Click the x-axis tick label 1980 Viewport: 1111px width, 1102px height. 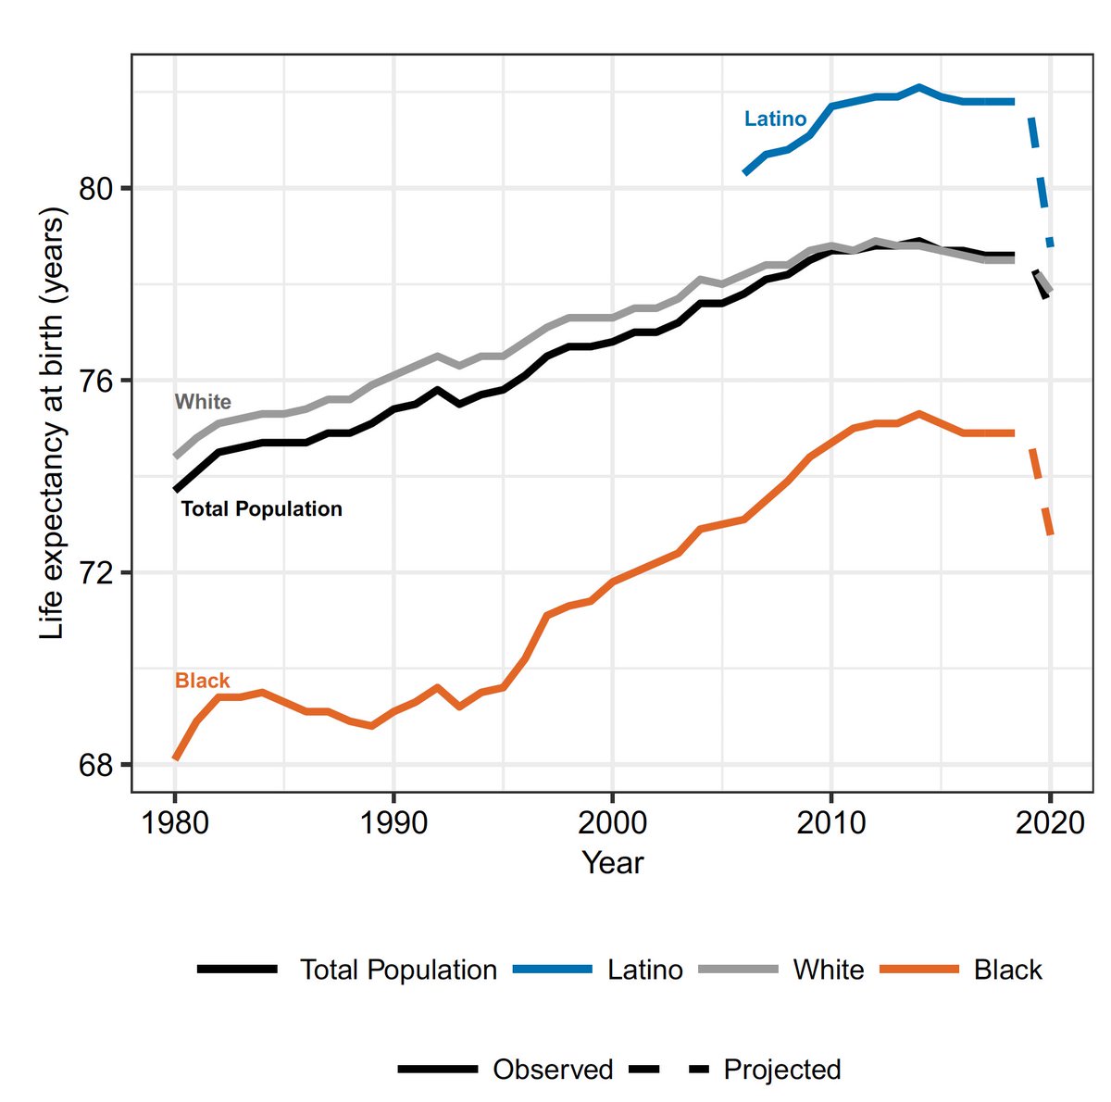click(x=174, y=821)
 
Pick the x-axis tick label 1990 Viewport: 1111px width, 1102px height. click(x=393, y=821)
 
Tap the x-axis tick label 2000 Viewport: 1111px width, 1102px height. click(x=612, y=821)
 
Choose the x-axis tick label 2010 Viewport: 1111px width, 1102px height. click(x=831, y=821)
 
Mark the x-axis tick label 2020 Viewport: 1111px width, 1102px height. click(x=1050, y=821)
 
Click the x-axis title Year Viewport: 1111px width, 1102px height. click(x=612, y=863)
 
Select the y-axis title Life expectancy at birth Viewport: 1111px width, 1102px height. click(x=54, y=426)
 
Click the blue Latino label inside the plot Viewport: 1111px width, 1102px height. click(x=775, y=119)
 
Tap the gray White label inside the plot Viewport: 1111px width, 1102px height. click(x=203, y=402)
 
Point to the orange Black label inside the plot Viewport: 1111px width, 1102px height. click(x=202, y=681)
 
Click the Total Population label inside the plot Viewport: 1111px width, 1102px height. click(x=261, y=508)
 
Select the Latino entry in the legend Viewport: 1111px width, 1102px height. click(x=645, y=970)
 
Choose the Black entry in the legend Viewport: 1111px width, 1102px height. click(x=1007, y=970)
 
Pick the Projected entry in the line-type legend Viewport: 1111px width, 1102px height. click(x=782, y=1070)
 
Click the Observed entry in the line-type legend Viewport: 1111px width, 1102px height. click(x=553, y=1070)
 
